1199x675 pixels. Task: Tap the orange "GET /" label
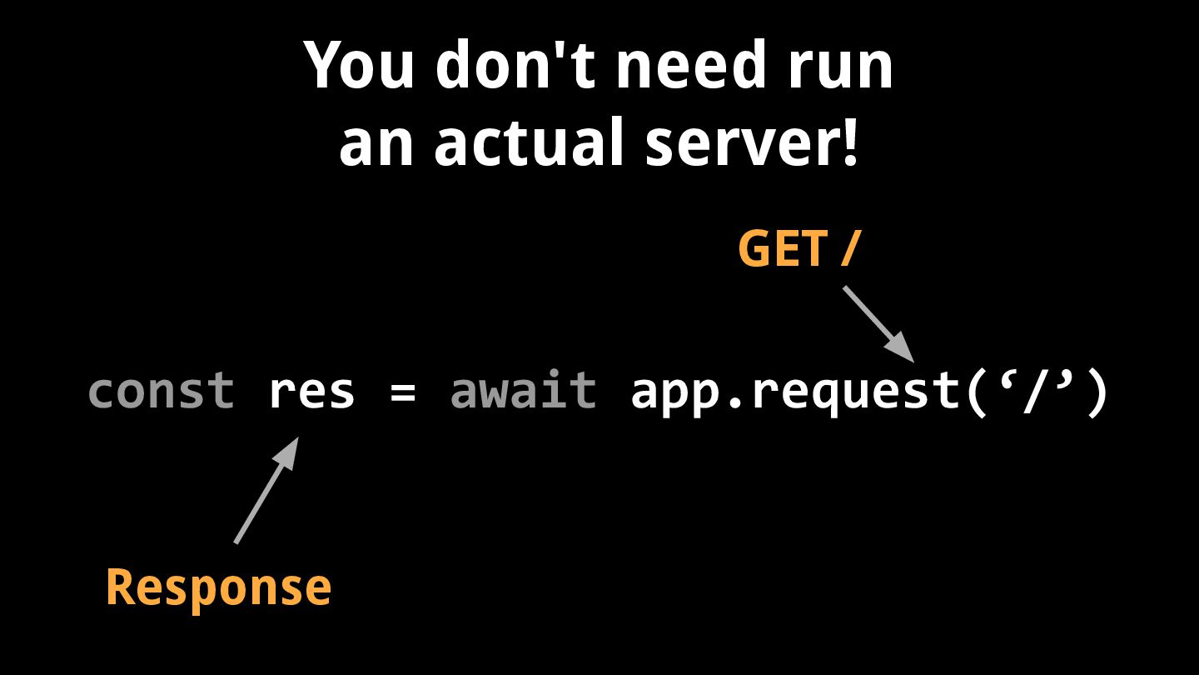click(x=797, y=248)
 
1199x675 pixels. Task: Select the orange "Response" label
click(x=218, y=587)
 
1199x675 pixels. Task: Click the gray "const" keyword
click(x=161, y=392)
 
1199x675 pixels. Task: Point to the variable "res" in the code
click(x=311, y=392)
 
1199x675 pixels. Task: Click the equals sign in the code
click(x=402, y=392)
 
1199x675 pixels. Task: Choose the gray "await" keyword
click(x=523, y=392)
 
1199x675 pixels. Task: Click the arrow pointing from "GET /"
click(x=878, y=324)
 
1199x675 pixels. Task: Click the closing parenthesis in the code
click(x=1097, y=392)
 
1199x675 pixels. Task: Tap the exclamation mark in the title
click(x=849, y=142)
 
